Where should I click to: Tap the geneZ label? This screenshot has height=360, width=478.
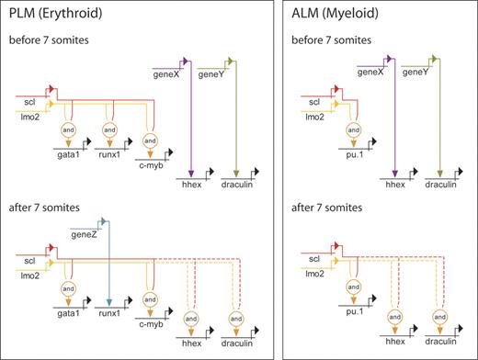tap(83, 232)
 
